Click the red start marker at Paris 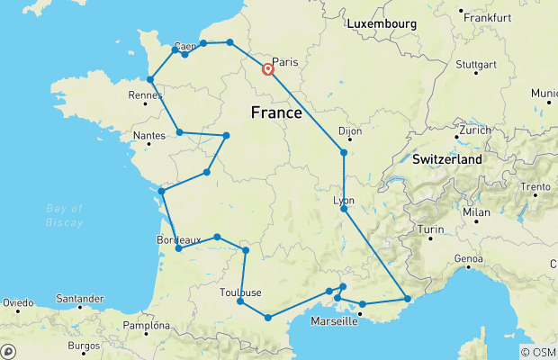(268, 68)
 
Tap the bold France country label (275, 112)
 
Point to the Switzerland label (447, 159)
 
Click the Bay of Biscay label (64, 215)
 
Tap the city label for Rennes (145, 94)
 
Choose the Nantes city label (148, 136)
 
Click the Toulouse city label (240, 292)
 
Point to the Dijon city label (349, 131)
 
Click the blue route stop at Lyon (344, 209)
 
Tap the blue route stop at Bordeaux (178, 248)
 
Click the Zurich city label (473, 130)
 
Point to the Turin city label (434, 229)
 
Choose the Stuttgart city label (477, 65)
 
